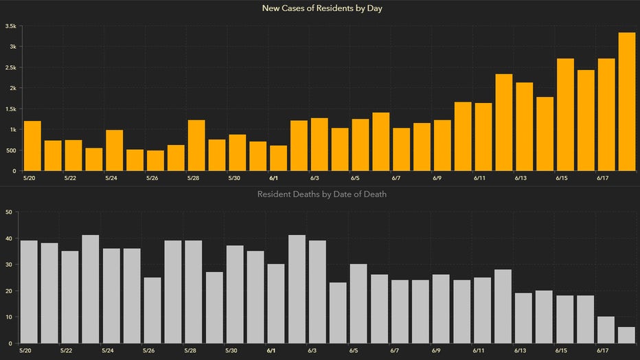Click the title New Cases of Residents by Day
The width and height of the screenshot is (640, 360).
[321, 8]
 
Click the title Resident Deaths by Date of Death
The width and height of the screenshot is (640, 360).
[321, 194]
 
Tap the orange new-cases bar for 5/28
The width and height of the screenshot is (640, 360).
[196, 146]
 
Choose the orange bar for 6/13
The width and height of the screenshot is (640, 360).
[525, 126]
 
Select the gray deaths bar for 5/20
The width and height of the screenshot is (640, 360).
[30, 292]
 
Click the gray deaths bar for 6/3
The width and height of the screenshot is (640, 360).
[317, 292]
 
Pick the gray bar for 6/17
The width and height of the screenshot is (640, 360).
[606, 330]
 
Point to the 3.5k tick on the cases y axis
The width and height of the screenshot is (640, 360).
[11, 26]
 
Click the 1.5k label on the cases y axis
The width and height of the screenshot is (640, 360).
[11, 109]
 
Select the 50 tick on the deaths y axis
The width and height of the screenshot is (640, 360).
[9, 212]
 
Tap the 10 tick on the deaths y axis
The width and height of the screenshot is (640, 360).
[9, 317]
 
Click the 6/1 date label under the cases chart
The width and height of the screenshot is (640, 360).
[273, 178]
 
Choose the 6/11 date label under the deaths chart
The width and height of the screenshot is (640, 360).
[477, 350]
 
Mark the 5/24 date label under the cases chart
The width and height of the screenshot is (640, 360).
[111, 178]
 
